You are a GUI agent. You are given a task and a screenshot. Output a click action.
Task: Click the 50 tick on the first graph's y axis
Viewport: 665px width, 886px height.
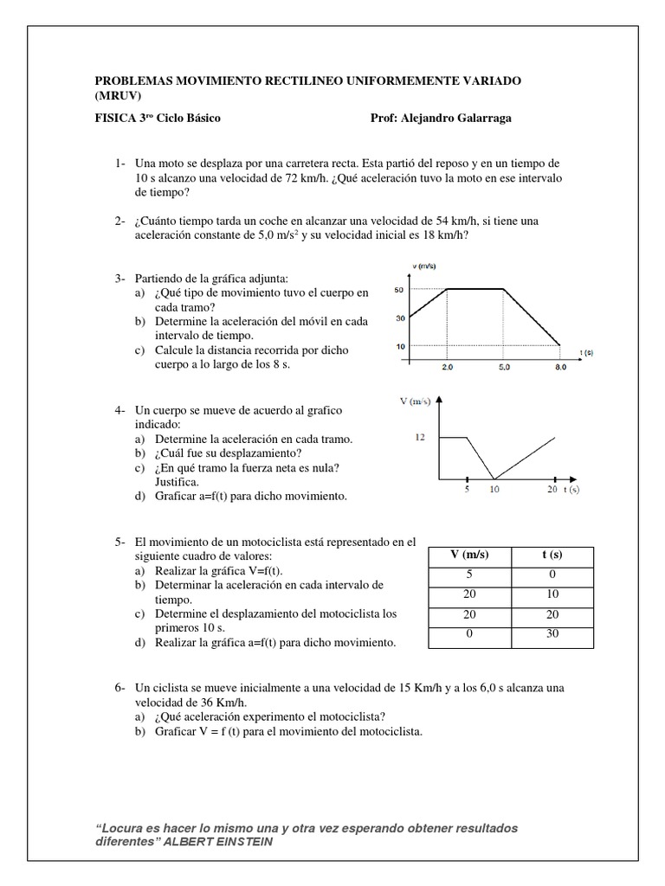click(x=399, y=290)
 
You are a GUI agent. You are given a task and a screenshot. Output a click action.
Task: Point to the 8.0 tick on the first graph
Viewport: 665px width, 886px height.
click(x=559, y=368)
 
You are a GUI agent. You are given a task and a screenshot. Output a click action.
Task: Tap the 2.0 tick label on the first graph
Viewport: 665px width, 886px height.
click(x=447, y=368)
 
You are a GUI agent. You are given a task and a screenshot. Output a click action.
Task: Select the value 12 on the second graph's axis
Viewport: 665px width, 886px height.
click(x=420, y=438)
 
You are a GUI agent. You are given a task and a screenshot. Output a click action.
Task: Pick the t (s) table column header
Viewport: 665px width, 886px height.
click(x=551, y=555)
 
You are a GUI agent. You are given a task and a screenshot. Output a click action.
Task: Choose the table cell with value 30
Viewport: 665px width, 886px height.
click(x=551, y=634)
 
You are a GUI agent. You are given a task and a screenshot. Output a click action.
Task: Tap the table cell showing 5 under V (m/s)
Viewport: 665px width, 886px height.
click(x=469, y=575)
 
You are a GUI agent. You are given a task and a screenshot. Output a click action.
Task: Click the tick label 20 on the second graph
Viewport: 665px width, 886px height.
click(x=552, y=490)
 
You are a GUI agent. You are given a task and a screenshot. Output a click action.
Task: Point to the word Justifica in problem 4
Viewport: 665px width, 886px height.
click(x=177, y=481)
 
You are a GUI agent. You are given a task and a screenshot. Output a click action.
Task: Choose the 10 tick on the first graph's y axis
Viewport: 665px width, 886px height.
click(x=399, y=347)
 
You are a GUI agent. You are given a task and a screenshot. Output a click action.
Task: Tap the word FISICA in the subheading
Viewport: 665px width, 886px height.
click(x=112, y=119)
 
